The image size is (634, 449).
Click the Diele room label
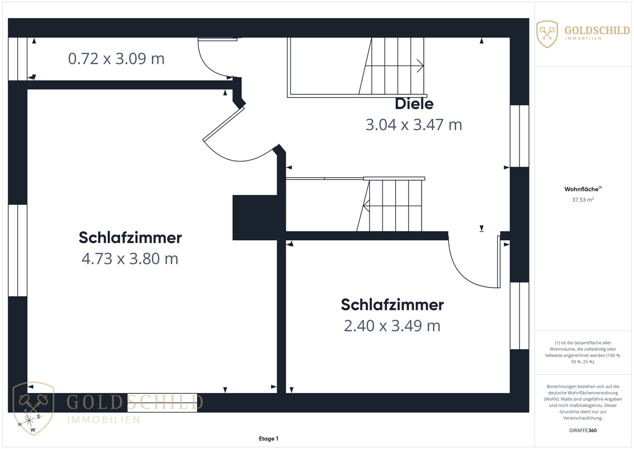click(x=414, y=104)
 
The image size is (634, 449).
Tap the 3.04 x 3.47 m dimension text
click(x=414, y=125)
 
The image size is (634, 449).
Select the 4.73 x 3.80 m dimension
click(x=130, y=259)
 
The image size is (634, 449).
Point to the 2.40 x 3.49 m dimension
click(x=392, y=326)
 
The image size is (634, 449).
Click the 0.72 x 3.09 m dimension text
click(x=116, y=59)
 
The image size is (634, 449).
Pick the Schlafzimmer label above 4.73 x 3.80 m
click(x=130, y=237)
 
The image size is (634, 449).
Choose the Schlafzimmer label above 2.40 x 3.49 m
click(x=392, y=305)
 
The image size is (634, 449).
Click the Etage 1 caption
click(x=269, y=439)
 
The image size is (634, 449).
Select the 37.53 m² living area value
click(x=583, y=200)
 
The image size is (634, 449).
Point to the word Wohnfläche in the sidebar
click(x=581, y=189)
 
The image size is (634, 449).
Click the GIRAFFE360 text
click(x=583, y=430)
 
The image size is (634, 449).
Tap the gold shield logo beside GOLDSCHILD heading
click(x=547, y=34)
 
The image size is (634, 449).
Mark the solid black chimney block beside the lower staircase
click(x=255, y=218)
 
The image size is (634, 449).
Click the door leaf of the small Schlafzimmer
click(x=498, y=262)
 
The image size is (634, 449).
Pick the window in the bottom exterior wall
click(x=162, y=403)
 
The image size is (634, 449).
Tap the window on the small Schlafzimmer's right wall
click(x=519, y=316)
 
